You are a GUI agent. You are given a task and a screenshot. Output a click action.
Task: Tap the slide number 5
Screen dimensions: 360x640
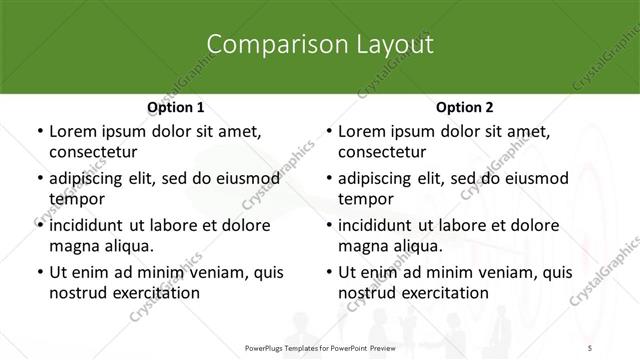tap(590, 346)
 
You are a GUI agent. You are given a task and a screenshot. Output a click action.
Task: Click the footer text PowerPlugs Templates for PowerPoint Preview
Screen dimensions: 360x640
tap(319, 346)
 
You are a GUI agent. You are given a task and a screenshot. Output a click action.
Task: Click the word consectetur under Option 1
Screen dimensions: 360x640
tap(93, 152)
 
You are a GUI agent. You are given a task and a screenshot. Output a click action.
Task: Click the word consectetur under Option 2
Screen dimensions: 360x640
tap(382, 152)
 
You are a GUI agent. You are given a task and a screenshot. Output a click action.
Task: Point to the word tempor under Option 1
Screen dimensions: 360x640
tap(75, 199)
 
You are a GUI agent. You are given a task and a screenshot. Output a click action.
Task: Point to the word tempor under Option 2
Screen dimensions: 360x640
tap(364, 199)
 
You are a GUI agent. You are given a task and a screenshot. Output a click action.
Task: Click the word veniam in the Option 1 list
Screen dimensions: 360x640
tap(207, 272)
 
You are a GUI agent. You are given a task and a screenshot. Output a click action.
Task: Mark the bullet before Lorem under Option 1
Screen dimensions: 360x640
tap(39, 132)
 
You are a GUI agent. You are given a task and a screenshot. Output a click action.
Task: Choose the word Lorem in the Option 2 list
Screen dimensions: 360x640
tap(361, 132)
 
